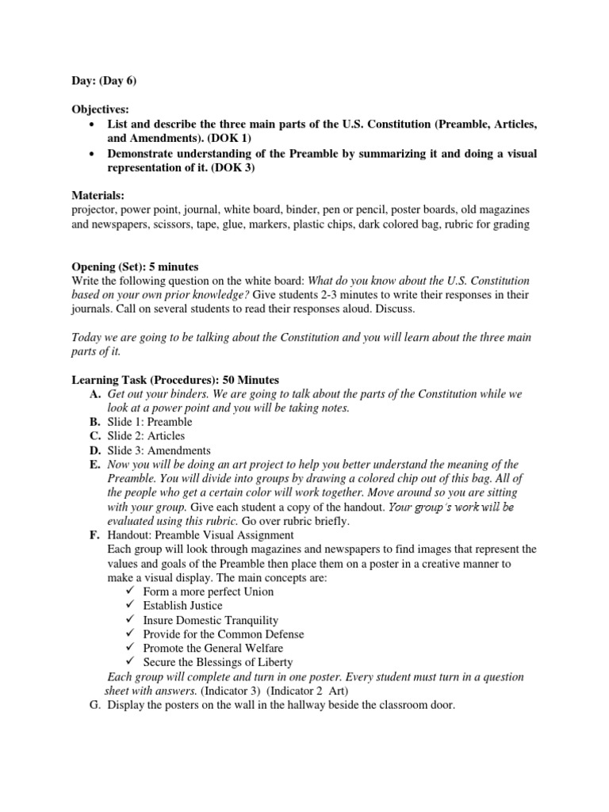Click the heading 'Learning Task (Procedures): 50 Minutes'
click(175, 380)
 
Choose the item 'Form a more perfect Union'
click(208, 592)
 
